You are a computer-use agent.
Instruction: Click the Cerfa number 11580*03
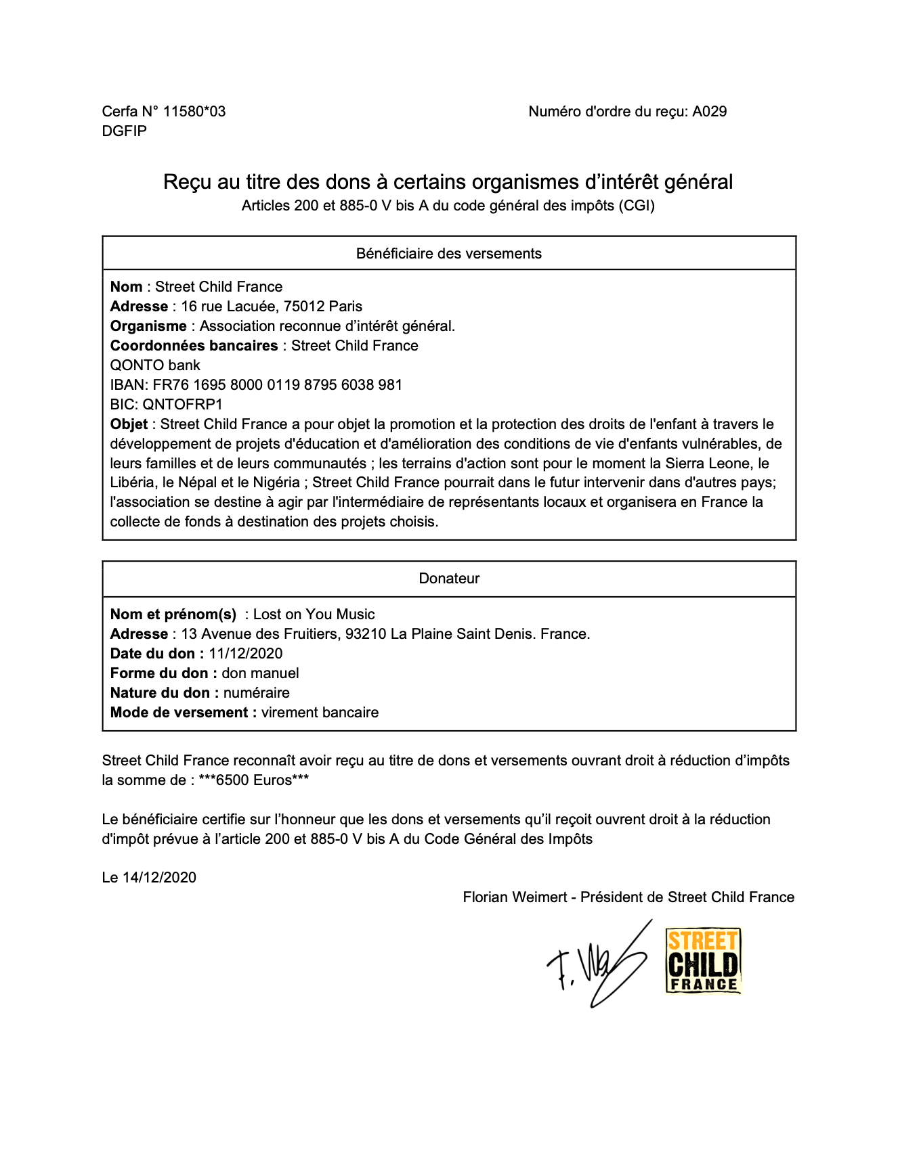coord(194,112)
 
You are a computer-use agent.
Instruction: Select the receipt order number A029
coord(709,112)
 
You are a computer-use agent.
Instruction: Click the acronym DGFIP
coord(125,131)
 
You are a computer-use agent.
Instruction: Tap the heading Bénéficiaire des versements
coord(448,254)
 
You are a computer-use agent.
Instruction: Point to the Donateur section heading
coord(448,579)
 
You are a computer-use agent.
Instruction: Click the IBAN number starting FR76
coord(278,385)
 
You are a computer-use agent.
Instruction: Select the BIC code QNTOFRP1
coord(182,405)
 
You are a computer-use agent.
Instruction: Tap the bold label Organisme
coord(148,326)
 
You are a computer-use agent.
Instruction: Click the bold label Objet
coord(129,424)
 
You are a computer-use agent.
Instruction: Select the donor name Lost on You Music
coord(314,614)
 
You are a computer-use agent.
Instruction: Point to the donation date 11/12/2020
coord(246,654)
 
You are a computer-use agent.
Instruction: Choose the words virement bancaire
coord(320,713)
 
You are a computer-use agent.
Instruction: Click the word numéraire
coord(257,693)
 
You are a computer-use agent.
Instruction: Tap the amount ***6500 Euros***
coord(254,780)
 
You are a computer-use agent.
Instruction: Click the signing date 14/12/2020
coord(159,878)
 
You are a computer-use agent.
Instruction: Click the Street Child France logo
coord(703,961)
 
